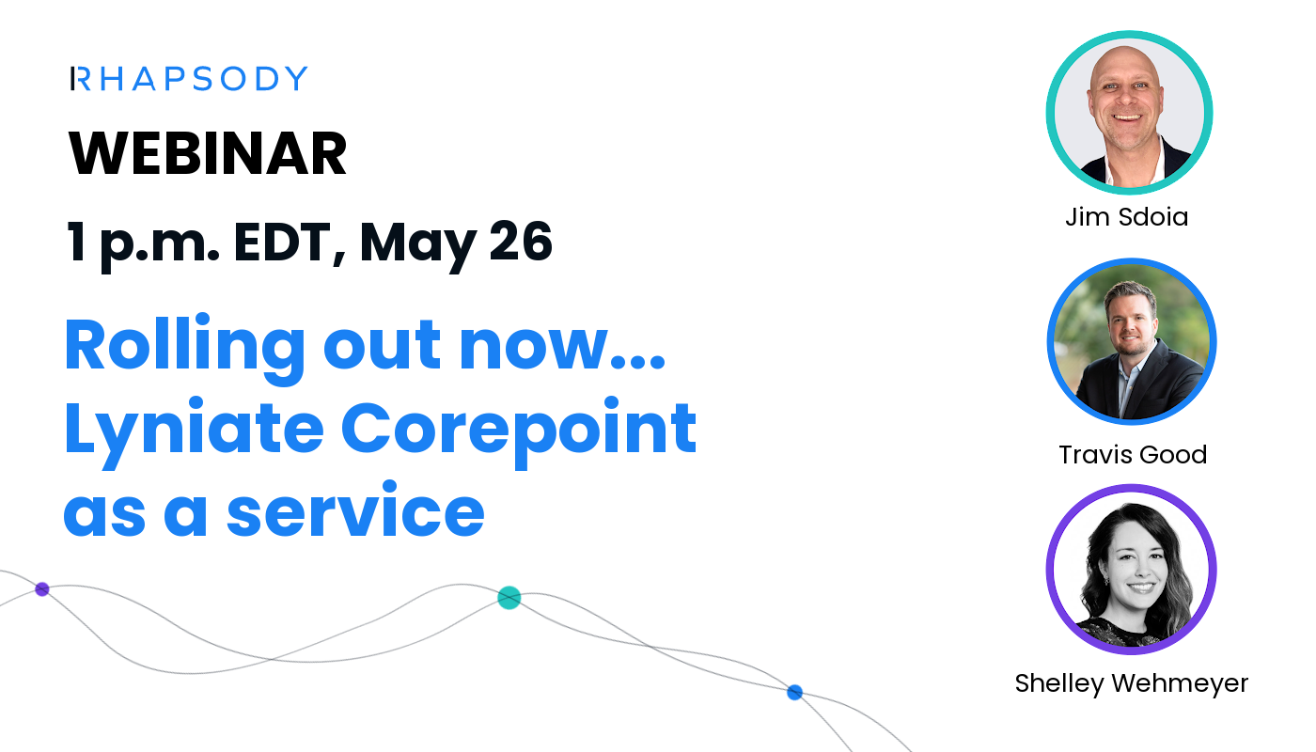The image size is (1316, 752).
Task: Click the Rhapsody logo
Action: [x=189, y=79]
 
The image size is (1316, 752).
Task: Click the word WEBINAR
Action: [x=208, y=155]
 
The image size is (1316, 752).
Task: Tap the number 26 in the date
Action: [x=520, y=242]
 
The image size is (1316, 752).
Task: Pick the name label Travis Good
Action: [x=1133, y=455]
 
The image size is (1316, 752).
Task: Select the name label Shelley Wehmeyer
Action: [x=1132, y=683]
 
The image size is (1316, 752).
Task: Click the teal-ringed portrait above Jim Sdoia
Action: [x=1129, y=113]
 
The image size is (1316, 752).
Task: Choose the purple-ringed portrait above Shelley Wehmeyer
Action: [x=1132, y=570]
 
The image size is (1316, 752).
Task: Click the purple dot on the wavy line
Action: [x=41, y=589]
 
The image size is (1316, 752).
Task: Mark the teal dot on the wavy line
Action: [x=509, y=598]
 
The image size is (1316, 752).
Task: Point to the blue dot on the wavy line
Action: [x=794, y=693]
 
